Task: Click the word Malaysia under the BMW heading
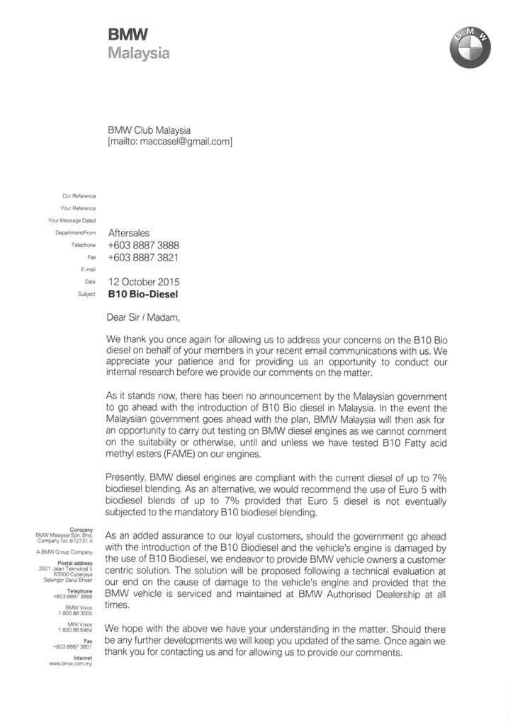pos(139,52)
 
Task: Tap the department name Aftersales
pos(129,232)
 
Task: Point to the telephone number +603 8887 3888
pos(143,245)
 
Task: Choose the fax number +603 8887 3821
pos(143,258)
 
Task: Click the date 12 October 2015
pos(144,281)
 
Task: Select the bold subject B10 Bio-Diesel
pos(143,294)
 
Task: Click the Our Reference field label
pos(80,196)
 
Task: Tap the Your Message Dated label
pos(72,220)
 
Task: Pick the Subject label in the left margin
pos(86,293)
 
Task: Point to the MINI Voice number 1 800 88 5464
pos(75,629)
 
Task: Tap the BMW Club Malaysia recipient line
pos(149,130)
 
